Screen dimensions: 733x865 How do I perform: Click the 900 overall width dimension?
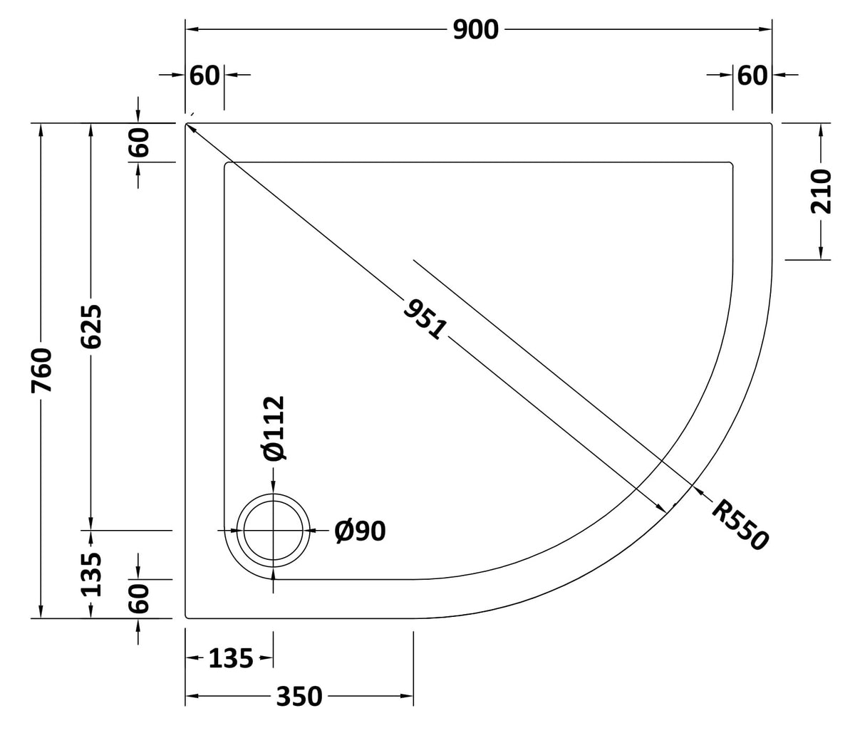(475, 30)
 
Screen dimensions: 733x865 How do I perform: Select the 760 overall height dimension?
(43, 370)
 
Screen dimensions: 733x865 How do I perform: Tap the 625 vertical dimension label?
(91, 327)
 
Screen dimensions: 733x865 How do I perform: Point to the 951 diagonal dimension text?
(425, 318)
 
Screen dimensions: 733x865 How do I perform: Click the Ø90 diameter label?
(360, 531)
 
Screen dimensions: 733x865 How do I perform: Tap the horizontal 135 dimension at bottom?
(231, 659)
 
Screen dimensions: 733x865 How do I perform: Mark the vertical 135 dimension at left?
(91, 573)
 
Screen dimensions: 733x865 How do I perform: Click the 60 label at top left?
(204, 75)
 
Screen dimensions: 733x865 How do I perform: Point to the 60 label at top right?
(752, 75)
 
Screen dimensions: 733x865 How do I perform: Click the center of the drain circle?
(274, 531)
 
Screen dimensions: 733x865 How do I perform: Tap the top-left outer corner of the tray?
(187, 124)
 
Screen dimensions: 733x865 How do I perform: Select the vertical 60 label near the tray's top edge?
(139, 142)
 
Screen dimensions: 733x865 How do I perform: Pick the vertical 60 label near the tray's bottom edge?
(139, 598)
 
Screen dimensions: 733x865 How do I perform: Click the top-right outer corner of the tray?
(772, 124)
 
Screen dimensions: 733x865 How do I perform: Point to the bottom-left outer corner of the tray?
(187, 618)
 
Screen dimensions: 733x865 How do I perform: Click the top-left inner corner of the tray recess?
(226, 164)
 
